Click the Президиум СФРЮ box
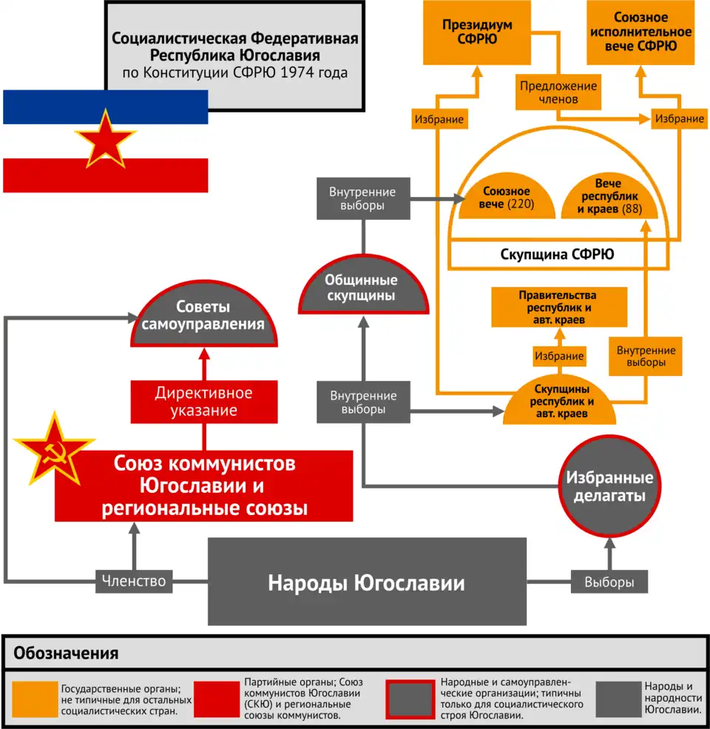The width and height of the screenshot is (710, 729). (478, 33)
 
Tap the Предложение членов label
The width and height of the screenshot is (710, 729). (558, 92)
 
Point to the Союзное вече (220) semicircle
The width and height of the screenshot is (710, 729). (507, 198)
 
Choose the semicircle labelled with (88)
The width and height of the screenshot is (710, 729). (610, 198)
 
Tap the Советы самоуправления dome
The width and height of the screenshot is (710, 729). (203, 318)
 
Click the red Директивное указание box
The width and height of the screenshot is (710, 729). (203, 401)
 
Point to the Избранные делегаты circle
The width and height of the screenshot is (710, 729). (609, 486)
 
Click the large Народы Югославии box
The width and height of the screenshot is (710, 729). (366, 582)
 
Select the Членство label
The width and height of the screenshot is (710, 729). (134, 582)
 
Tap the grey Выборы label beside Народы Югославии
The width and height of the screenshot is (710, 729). (609, 582)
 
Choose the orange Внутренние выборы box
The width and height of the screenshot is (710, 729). (641, 357)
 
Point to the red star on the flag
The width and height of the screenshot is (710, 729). (104, 138)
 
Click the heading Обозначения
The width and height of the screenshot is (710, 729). (67, 654)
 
